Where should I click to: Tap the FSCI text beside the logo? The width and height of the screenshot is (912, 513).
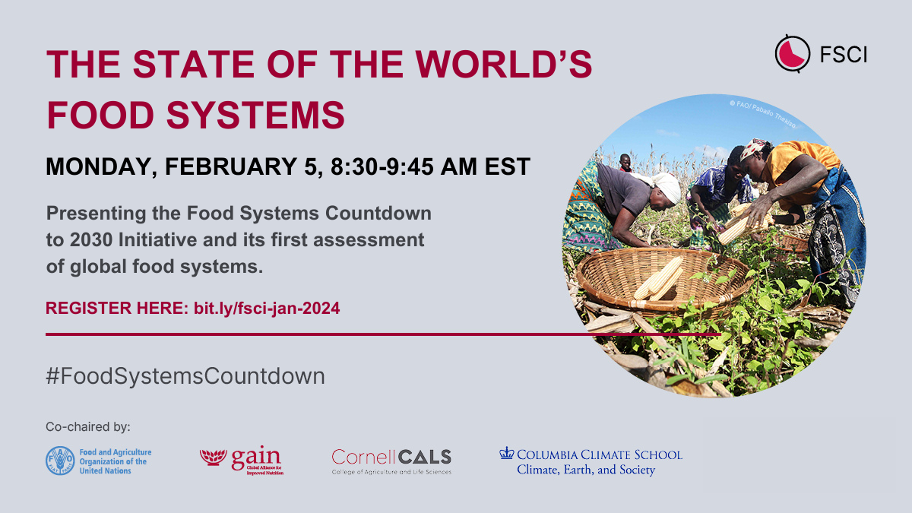843,54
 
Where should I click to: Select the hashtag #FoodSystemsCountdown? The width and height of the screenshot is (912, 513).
185,375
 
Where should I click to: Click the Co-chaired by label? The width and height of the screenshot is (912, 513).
88,426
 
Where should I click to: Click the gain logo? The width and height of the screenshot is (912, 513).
242,459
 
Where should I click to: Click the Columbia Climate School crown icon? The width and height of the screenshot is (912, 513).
506,453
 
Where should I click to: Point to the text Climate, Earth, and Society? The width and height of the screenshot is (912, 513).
586,470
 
